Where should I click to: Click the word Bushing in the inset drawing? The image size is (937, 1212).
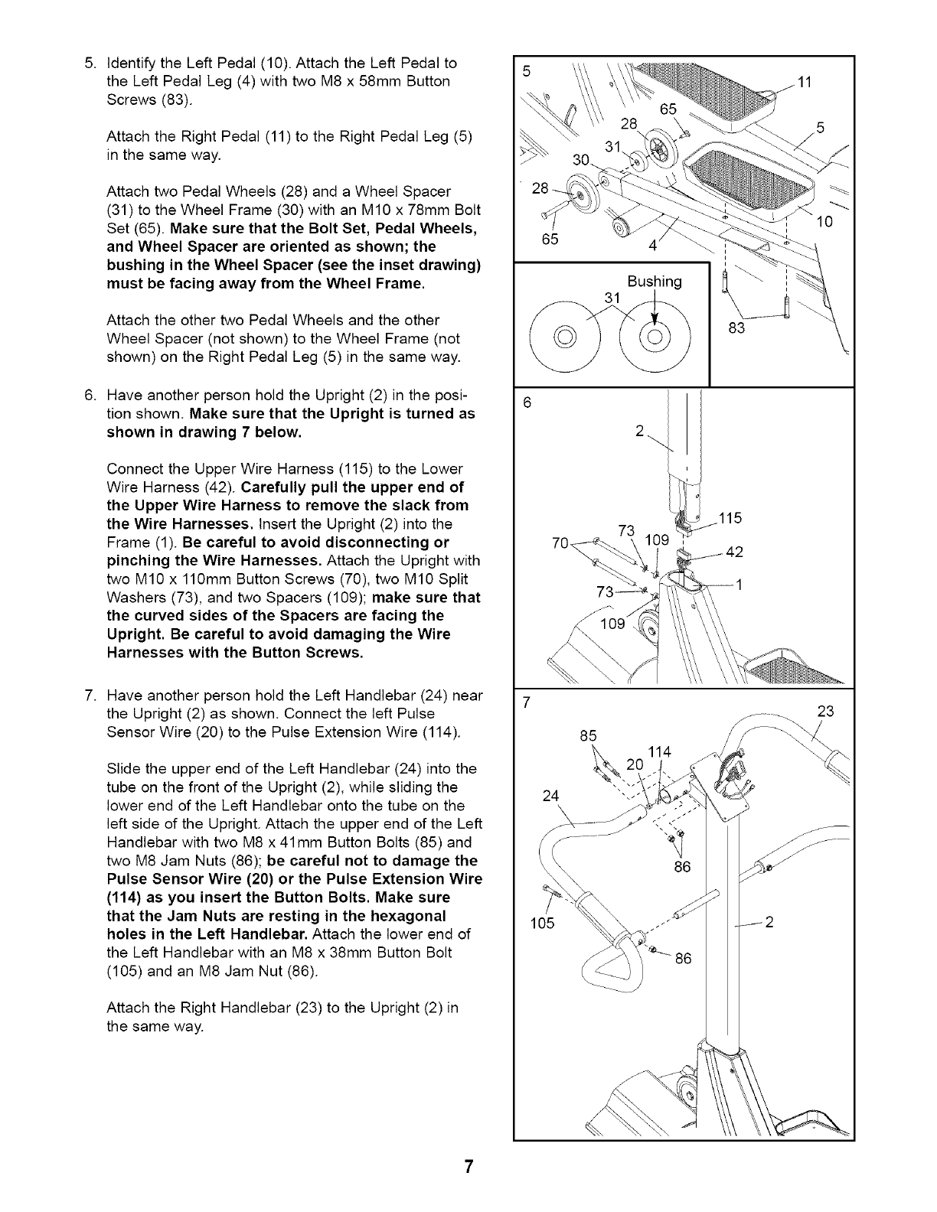click(x=654, y=281)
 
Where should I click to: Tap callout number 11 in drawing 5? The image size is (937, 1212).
click(x=804, y=83)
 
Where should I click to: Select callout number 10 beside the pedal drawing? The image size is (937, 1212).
click(x=825, y=223)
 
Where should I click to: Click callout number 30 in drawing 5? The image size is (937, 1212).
click(x=582, y=159)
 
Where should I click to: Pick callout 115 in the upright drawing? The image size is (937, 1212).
click(x=730, y=518)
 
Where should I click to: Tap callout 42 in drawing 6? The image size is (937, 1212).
click(x=733, y=552)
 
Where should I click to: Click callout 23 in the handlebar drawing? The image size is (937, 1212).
click(x=825, y=711)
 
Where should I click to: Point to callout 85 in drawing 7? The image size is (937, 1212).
click(x=588, y=737)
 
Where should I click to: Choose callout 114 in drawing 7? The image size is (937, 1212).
click(x=659, y=752)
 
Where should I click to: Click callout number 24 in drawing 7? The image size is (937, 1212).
click(x=550, y=795)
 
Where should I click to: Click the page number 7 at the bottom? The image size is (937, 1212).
click(x=468, y=1167)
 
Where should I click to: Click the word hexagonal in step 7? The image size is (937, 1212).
click(x=411, y=916)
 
